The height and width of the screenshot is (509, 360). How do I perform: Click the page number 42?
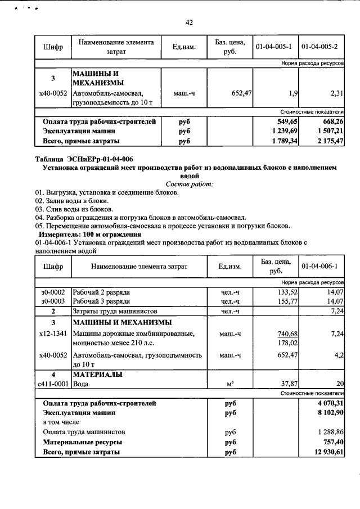(189, 22)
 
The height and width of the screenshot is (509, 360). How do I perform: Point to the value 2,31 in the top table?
(336, 93)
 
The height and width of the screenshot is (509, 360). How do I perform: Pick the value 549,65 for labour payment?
(285, 121)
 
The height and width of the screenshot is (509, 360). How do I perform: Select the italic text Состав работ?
(189, 184)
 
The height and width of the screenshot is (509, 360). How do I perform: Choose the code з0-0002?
(53, 292)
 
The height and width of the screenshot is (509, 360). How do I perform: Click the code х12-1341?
(53, 334)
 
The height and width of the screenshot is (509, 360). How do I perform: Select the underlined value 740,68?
(287, 334)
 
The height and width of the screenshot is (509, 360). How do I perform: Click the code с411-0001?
(53, 384)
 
